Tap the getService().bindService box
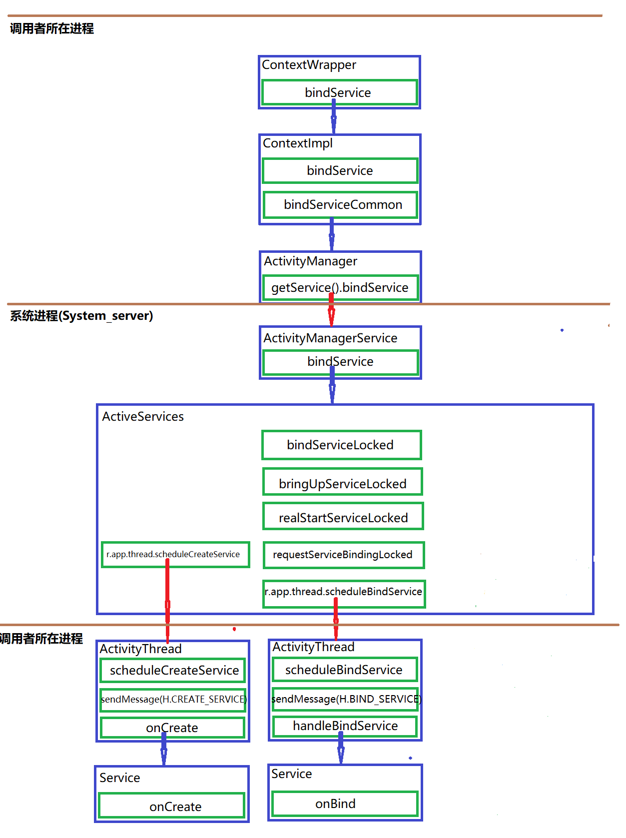tap(340, 287)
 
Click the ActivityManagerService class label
tap(330, 338)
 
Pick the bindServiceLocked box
tap(341, 445)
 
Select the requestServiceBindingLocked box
tap(343, 555)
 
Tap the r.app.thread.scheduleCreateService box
tap(175, 554)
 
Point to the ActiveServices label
tap(143, 417)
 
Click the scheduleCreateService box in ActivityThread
tap(173, 671)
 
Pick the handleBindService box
tap(345, 726)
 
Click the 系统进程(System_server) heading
tap(81, 316)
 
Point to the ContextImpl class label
tap(298, 143)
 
